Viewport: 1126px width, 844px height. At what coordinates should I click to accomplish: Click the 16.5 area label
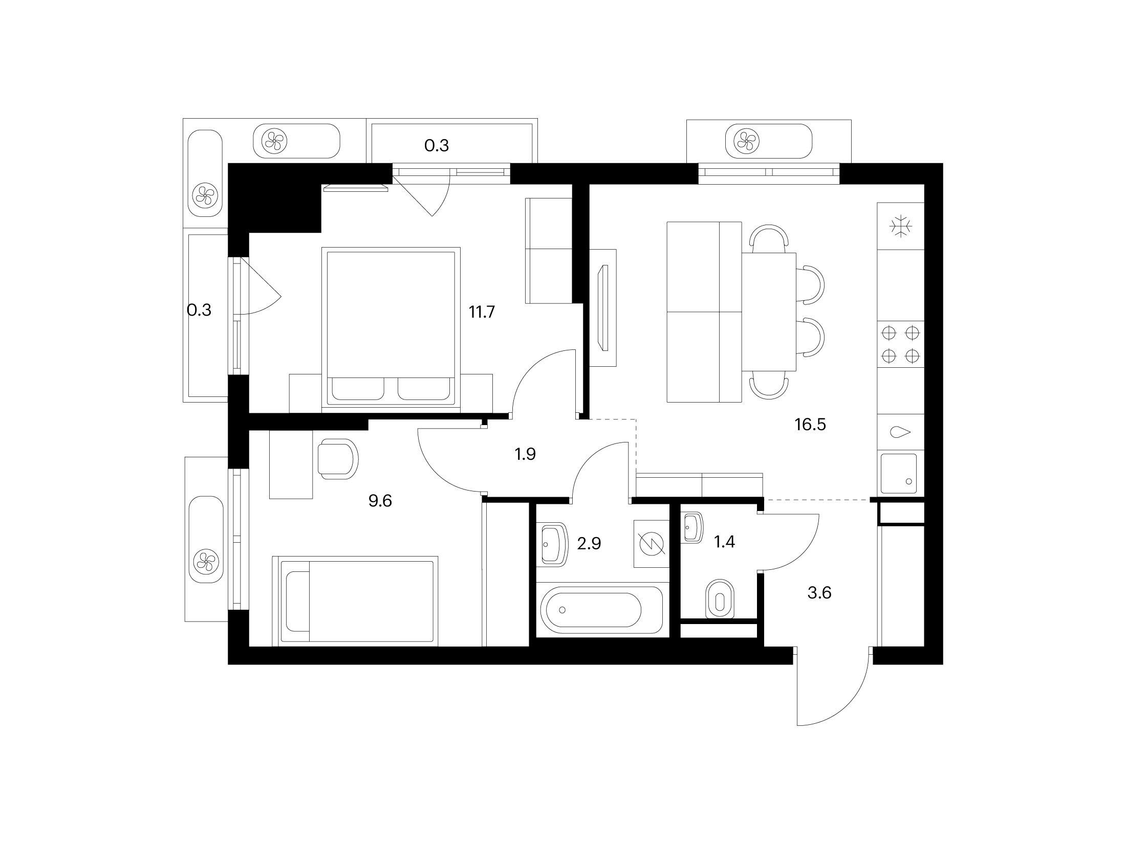[x=811, y=425]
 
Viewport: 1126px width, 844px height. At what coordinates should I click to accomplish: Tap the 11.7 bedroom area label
[x=482, y=312]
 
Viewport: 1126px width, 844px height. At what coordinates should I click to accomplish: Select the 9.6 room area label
[x=380, y=501]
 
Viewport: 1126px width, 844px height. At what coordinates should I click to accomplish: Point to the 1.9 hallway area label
[x=525, y=454]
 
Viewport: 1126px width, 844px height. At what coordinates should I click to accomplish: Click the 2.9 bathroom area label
[x=589, y=543]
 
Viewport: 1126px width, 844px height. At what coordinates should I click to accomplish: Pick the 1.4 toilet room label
[x=725, y=542]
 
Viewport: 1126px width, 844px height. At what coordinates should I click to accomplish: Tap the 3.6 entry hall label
[x=819, y=593]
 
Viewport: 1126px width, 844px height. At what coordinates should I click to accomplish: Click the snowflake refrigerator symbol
[x=901, y=226]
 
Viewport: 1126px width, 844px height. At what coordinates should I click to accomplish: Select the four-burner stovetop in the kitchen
[x=901, y=344]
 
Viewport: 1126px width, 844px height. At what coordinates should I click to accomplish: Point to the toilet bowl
[x=721, y=599]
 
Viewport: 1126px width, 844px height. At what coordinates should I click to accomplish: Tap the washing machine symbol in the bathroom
[x=651, y=544]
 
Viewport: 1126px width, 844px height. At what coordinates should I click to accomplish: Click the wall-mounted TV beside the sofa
[x=603, y=307]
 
